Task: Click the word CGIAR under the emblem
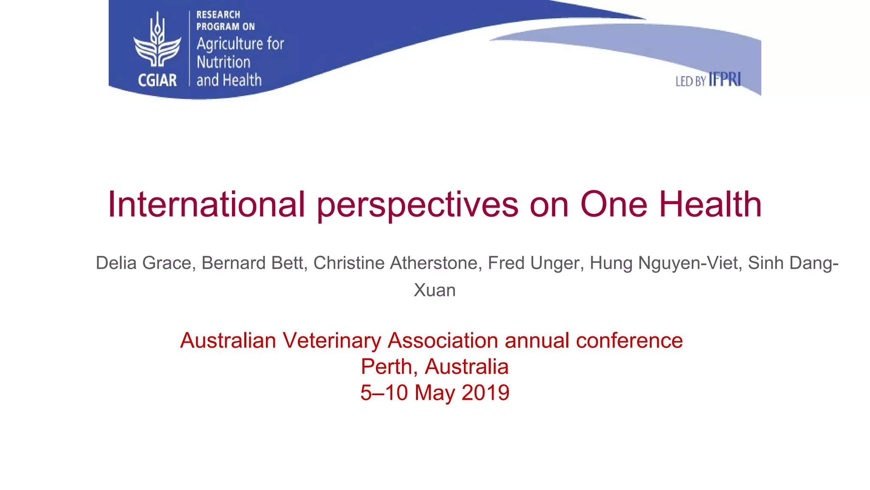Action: [157, 80]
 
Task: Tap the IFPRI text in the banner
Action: [725, 80]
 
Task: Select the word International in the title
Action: [206, 205]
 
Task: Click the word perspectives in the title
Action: [418, 205]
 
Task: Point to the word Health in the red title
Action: [710, 205]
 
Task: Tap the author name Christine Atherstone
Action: [398, 263]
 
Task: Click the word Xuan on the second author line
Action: [435, 290]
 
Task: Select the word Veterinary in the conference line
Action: [332, 341]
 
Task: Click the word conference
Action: [629, 341]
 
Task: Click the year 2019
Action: [485, 393]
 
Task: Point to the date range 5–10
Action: [384, 393]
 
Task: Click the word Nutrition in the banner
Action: [223, 62]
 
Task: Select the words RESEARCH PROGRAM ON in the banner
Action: [225, 20]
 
